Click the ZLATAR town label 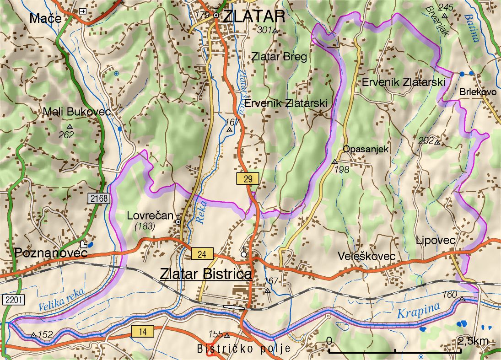click(x=254, y=16)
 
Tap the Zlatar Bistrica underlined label click(x=206, y=274)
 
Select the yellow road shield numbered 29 click(x=248, y=179)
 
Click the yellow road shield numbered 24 click(x=202, y=254)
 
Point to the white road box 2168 click(x=99, y=199)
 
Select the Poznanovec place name click(x=50, y=253)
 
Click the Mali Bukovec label click(x=77, y=111)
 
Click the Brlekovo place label click(x=478, y=92)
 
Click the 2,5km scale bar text click(x=473, y=341)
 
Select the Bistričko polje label click(x=244, y=349)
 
